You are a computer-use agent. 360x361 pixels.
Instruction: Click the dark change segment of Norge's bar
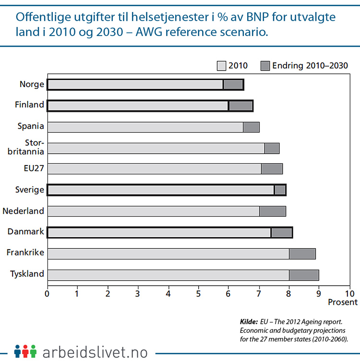coord(233,85)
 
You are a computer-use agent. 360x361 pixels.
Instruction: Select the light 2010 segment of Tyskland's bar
coord(168,275)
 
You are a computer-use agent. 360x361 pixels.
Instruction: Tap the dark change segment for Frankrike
coord(302,254)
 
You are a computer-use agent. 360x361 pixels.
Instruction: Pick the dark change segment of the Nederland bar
coord(272,212)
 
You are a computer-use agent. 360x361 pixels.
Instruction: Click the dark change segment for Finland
coord(240,106)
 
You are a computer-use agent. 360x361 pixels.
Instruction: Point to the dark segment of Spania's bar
coord(251,127)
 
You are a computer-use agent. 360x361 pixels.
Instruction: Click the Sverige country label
coord(29,190)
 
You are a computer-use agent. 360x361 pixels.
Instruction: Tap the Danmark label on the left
coord(26,232)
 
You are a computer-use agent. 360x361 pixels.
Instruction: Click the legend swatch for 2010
coord(222,65)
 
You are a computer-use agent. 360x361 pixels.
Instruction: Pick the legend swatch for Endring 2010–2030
coord(265,65)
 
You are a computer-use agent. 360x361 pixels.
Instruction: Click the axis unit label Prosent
coord(343,302)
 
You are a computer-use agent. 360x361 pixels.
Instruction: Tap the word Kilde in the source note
coord(249,321)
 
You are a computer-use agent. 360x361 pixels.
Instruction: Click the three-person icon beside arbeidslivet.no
coord(25,351)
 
